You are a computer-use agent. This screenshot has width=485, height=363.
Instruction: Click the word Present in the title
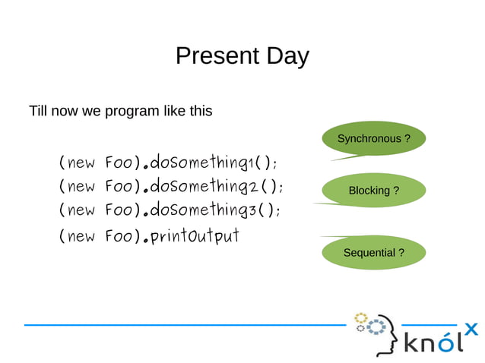click(x=217, y=55)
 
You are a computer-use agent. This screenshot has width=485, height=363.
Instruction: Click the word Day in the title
click(x=287, y=57)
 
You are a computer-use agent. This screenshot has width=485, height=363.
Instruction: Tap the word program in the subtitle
click(x=132, y=112)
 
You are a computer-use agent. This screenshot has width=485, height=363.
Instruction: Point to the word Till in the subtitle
click(x=38, y=111)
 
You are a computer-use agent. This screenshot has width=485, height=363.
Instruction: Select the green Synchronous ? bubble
click(x=374, y=139)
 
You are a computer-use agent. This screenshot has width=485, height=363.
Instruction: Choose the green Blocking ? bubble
click(x=374, y=191)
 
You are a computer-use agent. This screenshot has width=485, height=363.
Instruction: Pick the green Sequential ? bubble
click(x=374, y=252)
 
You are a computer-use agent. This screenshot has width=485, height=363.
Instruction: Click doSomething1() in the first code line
click(x=213, y=162)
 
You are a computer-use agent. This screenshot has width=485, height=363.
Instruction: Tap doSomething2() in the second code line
click(x=216, y=185)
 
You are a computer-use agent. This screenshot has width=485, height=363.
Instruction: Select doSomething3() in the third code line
click(x=215, y=210)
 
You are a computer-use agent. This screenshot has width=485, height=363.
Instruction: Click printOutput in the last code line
click(x=195, y=236)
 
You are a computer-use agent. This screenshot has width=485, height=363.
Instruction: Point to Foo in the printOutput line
click(x=119, y=236)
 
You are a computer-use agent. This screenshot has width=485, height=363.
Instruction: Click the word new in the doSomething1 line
click(x=81, y=163)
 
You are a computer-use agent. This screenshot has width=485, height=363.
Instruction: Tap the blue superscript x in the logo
click(x=472, y=329)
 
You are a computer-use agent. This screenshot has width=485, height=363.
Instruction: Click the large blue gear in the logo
click(x=376, y=327)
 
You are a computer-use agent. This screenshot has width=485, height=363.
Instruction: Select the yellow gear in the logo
click(x=360, y=318)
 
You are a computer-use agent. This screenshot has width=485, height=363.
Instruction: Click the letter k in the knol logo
click(x=411, y=342)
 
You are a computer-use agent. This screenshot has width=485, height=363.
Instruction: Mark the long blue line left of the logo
click(x=185, y=325)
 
